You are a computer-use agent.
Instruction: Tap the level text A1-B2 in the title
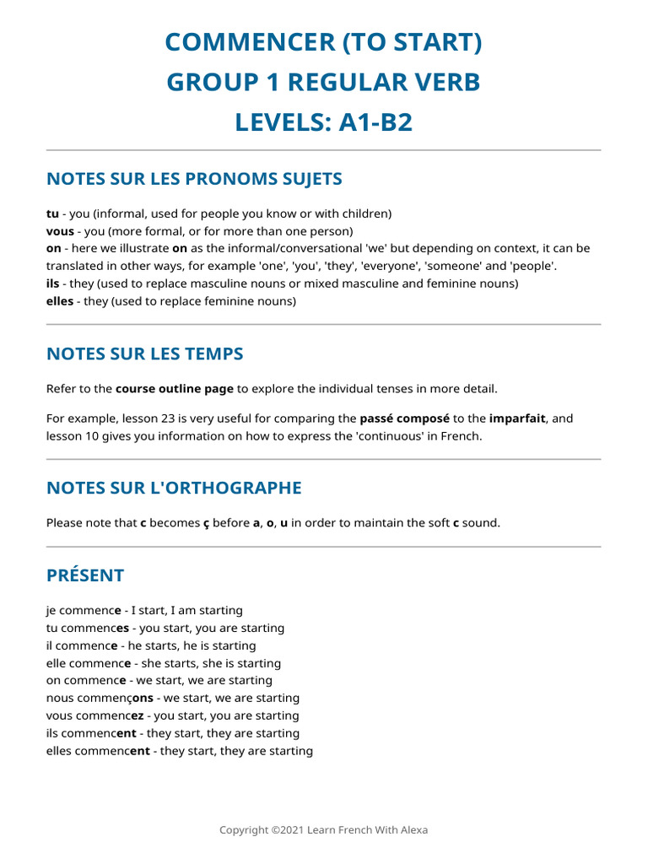tap(375, 122)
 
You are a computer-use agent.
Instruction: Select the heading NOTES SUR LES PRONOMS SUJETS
tap(194, 179)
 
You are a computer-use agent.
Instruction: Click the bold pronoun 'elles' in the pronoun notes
tap(60, 301)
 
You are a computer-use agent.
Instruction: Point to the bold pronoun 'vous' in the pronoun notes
tap(60, 231)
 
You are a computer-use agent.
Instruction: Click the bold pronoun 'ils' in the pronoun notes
tap(52, 283)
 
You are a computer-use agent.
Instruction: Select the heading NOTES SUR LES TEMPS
tap(145, 354)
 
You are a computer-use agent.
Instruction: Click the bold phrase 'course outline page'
tap(174, 389)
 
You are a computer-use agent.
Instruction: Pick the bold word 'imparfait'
tap(517, 418)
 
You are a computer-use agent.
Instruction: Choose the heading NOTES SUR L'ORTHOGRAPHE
tap(174, 488)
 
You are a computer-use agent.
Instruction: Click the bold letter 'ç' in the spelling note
tap(206, 523)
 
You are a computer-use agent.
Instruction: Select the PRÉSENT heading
tap(85, 575)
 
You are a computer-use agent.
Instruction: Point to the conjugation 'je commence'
tap(84, 611)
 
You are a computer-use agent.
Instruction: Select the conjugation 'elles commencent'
tap(98, 751)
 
